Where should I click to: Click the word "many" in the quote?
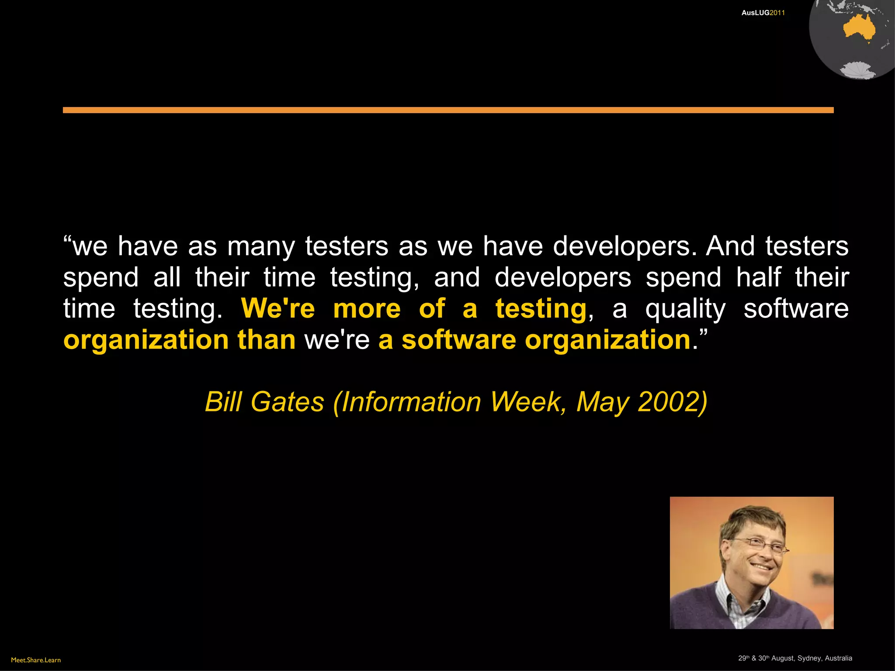[x=261, y=247]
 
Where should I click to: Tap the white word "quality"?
[x=685, y=310]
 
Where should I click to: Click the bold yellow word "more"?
[x=367, y=309]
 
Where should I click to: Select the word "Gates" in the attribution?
[x=288, y=401]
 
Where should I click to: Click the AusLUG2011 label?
[x=763, y=13]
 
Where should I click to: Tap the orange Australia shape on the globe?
[x=859, y=28]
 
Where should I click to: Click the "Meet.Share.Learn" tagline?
[x=36, y=660]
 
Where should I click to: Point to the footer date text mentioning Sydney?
[x=795, y=658]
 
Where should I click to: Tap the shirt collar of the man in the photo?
[x=739, y=601]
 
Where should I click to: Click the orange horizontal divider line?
[x=448, y=110]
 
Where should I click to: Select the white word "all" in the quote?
[x=167, y=277]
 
